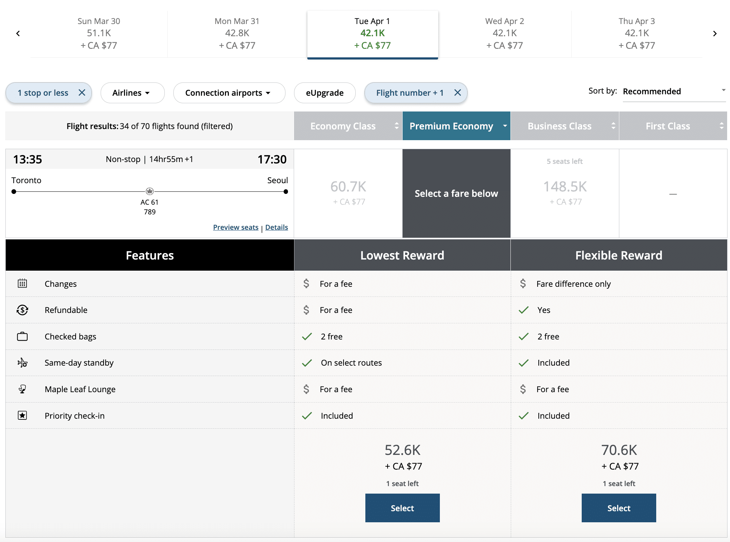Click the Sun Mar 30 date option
tap(99, 33)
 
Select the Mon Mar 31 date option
tap(237, 33)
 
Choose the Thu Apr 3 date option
tap(637, 33)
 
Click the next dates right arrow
tap(715, 34)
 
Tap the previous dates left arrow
tap(18, 34)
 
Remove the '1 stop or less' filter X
tap(82, 93)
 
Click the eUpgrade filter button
tap(325, 93)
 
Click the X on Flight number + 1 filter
tap(457, 93)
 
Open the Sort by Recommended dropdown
tap(674, 92)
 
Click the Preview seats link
tap(236, 227)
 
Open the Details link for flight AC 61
tap(277, 227)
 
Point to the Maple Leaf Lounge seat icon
tap(22, 389)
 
